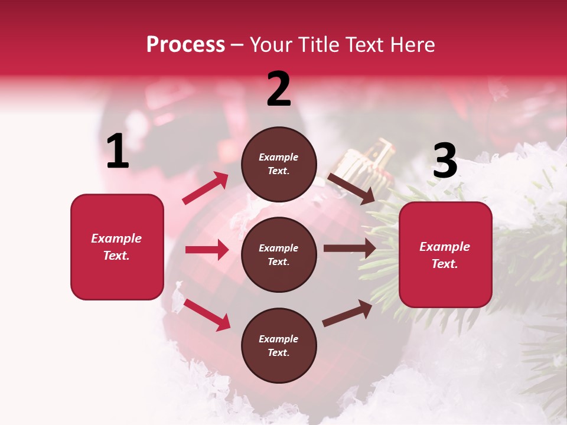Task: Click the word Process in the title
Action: click(185, 45)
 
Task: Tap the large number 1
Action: click(118, 152)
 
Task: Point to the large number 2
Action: click(279, 90)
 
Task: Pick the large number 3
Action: click(445, 161)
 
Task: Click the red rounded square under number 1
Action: click(117, 247)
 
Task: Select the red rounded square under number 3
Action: click(445, 254)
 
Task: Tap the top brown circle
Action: click(279, 164)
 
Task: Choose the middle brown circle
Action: click(279, 254)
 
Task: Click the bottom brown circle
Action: click(279, 345)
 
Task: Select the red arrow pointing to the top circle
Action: click(206, 188)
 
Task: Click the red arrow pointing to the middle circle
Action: click(207, 250)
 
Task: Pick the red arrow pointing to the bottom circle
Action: click(207, 314)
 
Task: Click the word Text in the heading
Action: click(366, 45)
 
